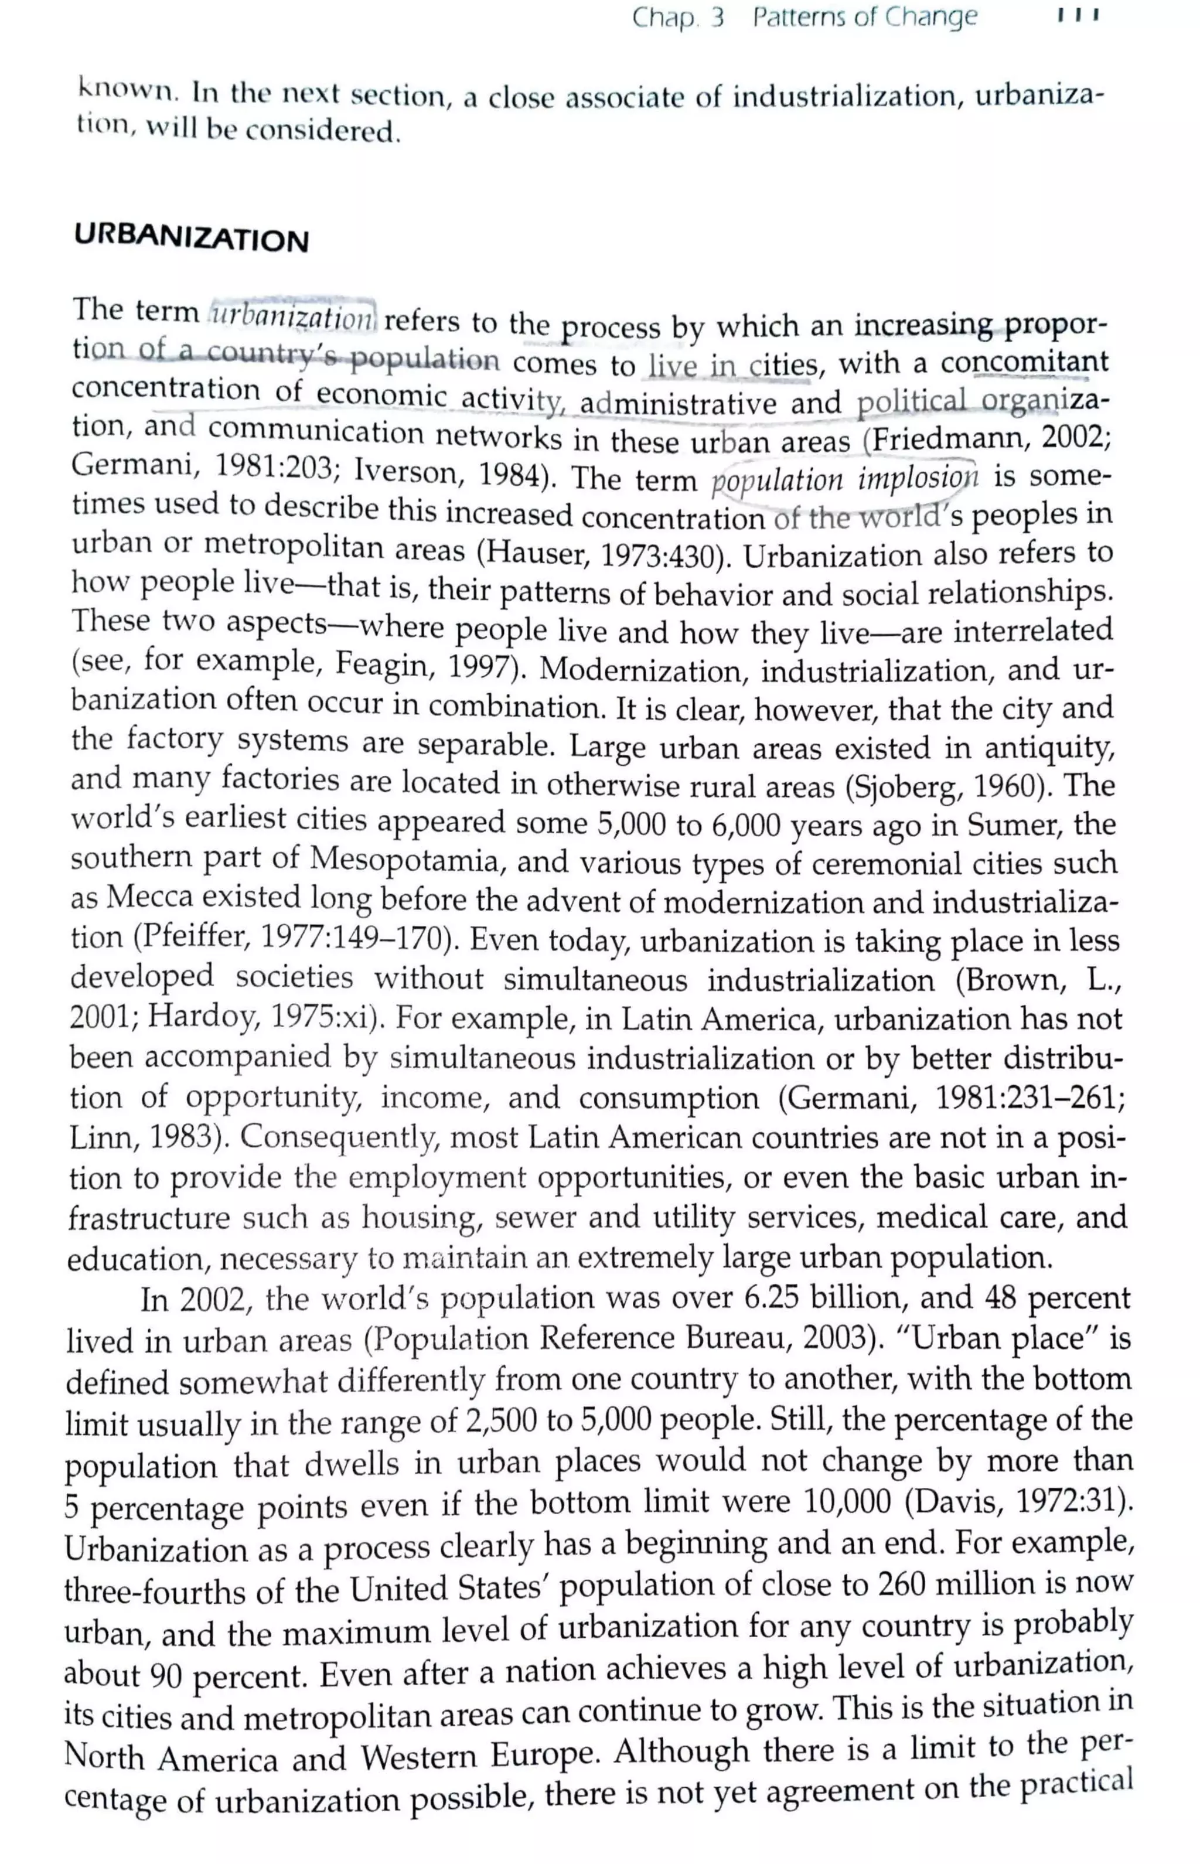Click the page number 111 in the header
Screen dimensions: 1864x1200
pos(1078,16)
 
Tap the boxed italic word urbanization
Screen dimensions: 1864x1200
pos(293,315)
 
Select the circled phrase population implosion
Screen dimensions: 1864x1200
pos(844,478)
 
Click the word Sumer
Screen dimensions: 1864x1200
pos(1015,824)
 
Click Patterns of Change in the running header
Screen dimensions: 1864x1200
pos(864,16)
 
